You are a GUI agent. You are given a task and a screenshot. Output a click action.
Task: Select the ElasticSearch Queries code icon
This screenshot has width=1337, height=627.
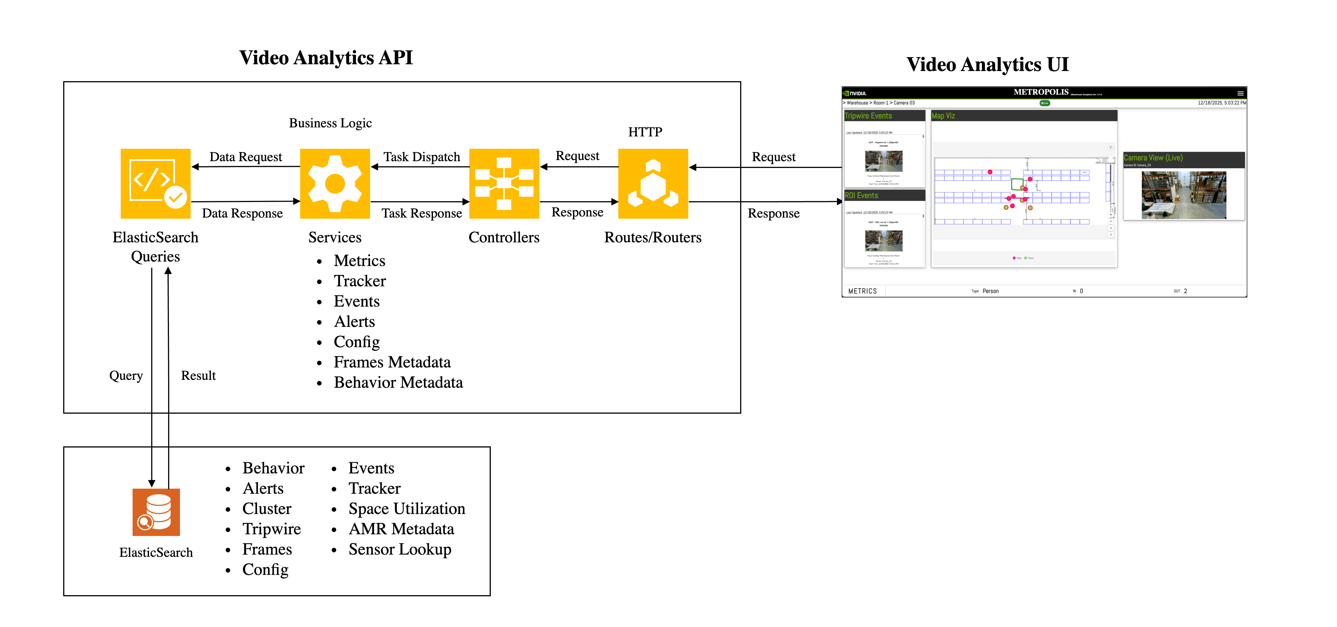coord(155,183)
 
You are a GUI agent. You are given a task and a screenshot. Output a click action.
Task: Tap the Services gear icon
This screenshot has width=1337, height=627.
coord(335,183)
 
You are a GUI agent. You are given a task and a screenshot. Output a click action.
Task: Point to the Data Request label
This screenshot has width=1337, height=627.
coord(245,157)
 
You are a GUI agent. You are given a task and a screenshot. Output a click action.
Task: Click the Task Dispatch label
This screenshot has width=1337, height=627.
coord(421,157)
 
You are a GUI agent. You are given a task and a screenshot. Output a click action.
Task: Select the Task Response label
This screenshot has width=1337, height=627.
coord(421,213)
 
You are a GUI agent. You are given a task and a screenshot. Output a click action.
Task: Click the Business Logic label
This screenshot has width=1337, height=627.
coord(330,123)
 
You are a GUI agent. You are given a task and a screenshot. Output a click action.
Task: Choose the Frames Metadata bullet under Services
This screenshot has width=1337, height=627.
coord(392,362)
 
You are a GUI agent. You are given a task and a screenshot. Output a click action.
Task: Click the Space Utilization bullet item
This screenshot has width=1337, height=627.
coord(406,509)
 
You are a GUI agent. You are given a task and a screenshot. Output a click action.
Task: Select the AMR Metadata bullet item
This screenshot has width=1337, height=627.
coord(401,529)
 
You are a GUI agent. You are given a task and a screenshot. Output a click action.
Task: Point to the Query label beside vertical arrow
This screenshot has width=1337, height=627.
coord(126,375)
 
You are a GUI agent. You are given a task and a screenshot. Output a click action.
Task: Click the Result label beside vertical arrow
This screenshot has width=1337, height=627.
coord(198,375)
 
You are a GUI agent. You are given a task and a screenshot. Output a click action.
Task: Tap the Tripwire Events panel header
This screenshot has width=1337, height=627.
coord(868,116)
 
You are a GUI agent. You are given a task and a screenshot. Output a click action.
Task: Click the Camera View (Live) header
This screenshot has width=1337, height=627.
coord(1153,158)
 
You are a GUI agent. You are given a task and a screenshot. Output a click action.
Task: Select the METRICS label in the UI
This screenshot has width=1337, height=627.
coord(862,291)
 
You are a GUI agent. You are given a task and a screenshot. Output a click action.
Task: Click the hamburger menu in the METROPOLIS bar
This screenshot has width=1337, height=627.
coord(1240,93)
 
